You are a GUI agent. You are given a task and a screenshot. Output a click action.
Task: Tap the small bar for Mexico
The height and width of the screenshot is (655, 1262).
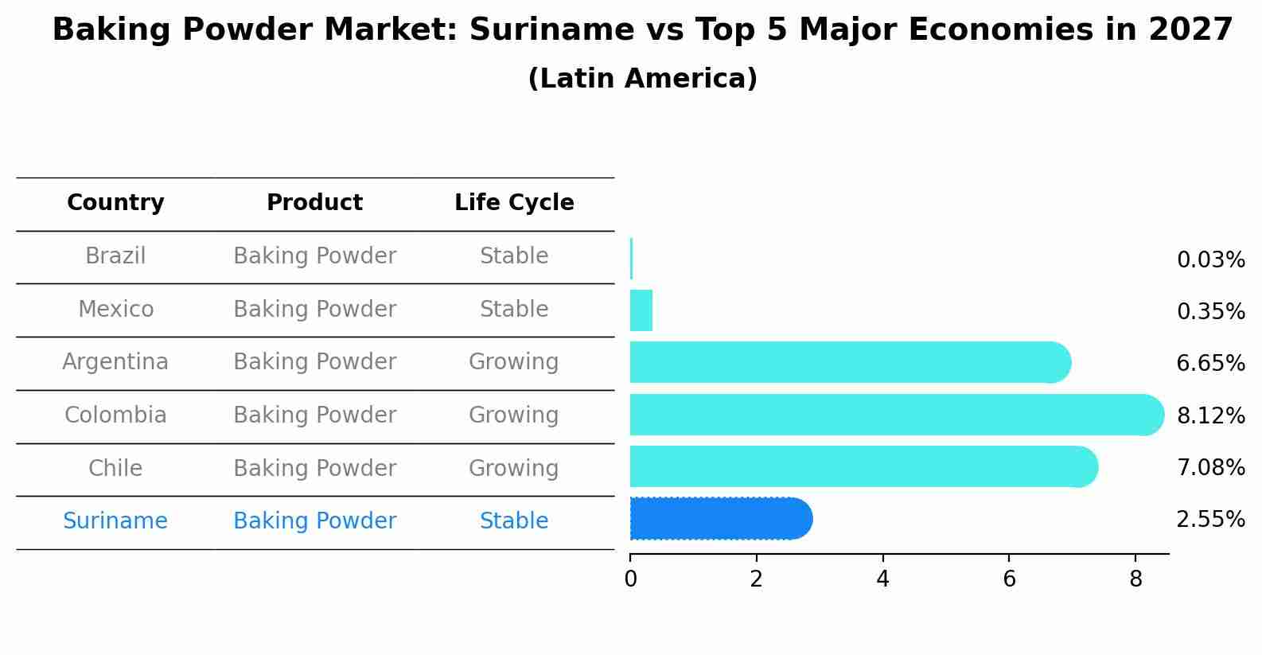pyautogui.click(x=641, y=310)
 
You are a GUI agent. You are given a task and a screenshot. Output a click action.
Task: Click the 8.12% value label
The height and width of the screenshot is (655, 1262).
pyautogui.click(x=1210, y=415)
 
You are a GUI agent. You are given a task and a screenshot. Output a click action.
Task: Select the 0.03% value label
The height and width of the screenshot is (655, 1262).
pyautogui.click(x=1210, y=260)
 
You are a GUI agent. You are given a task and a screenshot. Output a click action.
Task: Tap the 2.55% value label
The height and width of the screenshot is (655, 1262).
pyautogui.click(x=1210, y=520)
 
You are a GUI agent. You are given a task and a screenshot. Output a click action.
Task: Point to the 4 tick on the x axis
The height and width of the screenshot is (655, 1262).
pyautogui.click(x=882, y=579)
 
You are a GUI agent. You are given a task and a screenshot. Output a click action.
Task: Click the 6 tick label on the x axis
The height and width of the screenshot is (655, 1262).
pyautogui.click(x=1009, y=579)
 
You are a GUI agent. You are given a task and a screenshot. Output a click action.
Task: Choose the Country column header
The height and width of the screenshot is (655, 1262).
pyautogui.click(x=115, y=203)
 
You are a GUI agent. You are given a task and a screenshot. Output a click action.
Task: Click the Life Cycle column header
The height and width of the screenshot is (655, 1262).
pyautogui.click(x=514, y=203)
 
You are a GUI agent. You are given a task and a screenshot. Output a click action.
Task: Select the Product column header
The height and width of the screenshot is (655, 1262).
pyautogui.click(x=314, y=203)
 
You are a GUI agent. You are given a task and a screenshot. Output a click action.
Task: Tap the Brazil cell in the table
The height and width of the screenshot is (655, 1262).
pyautogui.click(x=115, y=256)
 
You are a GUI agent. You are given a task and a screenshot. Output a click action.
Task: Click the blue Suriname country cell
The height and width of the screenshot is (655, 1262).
pyautogui.click(x=115, y=521)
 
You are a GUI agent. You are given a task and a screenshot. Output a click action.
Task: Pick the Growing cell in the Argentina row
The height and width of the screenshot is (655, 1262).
pyautogui.click(x=513, y=362)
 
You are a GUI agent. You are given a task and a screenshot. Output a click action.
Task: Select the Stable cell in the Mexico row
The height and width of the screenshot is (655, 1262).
pyautogui.click(x=514, y=310)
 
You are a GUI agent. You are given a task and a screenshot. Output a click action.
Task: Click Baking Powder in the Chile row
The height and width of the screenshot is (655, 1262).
pyautogui.click(x=314, y=469)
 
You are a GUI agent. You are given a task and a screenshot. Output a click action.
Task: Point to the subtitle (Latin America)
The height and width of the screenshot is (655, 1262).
pyautogui.click(x=642, y=79)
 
